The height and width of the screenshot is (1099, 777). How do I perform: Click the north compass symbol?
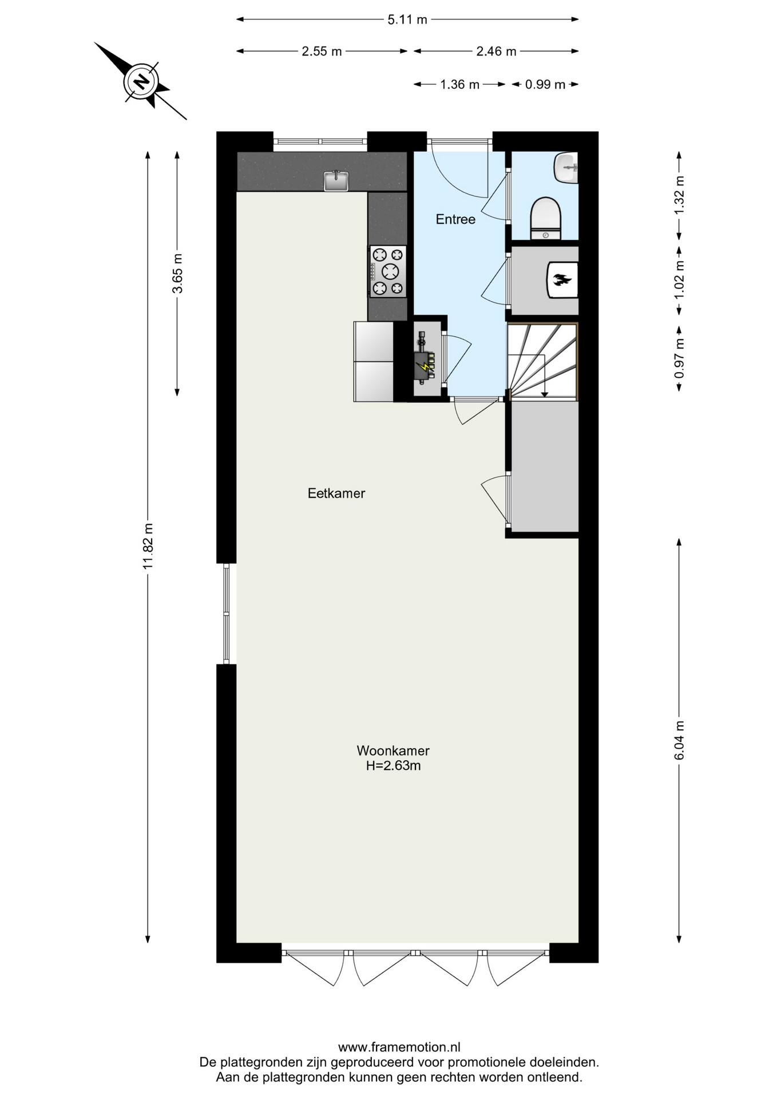141,81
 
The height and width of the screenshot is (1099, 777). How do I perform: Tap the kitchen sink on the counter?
336,180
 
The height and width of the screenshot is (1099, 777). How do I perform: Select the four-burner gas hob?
388,271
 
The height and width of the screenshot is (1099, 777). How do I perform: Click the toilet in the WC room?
546,218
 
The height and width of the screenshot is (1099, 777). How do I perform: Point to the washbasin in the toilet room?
566,168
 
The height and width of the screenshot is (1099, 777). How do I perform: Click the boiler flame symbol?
562,280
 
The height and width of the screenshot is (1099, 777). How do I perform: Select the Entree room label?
455,219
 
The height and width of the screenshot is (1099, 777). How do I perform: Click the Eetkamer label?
336,493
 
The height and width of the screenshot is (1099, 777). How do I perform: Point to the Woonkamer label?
393,750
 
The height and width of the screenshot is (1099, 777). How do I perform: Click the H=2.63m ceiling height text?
394,766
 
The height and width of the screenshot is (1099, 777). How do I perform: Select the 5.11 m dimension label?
407,19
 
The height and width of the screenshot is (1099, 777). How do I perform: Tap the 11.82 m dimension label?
148,546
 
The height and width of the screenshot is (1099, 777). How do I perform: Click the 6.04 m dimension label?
679,740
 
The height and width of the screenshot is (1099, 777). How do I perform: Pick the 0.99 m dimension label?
545,85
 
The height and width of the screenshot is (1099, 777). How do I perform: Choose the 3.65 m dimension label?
177,273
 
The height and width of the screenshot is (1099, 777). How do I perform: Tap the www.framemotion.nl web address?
399,1047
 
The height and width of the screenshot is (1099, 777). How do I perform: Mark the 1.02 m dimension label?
679,280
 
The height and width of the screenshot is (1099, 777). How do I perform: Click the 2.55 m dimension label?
322,52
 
